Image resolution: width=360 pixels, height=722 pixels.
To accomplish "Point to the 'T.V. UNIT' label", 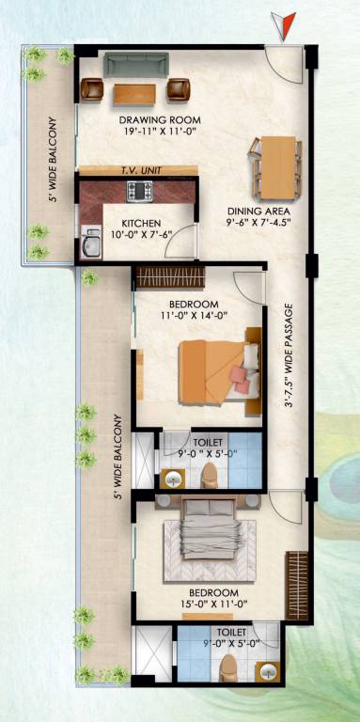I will [139, 170].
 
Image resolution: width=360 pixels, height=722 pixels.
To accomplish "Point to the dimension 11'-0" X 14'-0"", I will [195, 317].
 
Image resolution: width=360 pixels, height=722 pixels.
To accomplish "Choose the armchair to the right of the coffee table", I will [178, 89].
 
